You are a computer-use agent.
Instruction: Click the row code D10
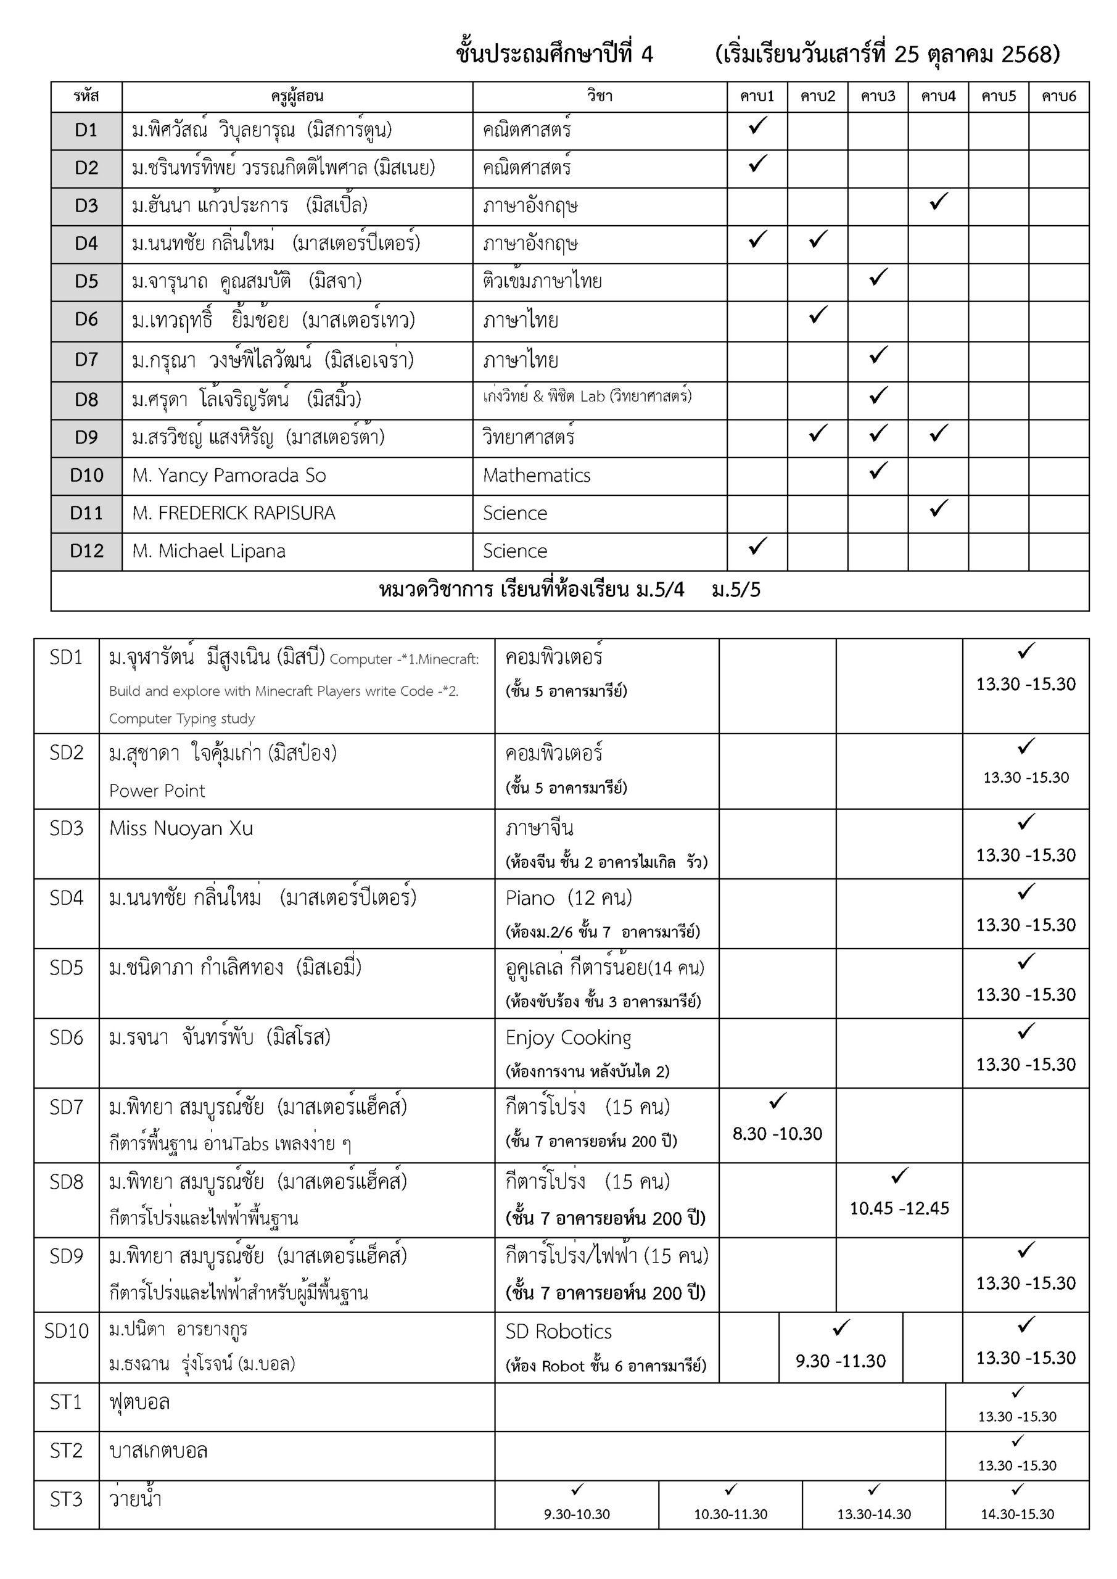pyautogui.click(x=87, y=475)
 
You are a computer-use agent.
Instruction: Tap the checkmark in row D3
pyautogui.click(x=938, y=202)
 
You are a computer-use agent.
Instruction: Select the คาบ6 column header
pyautogui.click(x=1058, y=96)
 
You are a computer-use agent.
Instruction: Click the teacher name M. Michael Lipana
pyautogui.click(x=208, y=551)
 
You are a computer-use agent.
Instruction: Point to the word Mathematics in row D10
pyautogui.click(x=537, y=475)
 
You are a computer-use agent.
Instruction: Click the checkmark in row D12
pyautogui.click(x=757, y=546)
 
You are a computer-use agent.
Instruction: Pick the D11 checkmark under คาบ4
pyautogui.click(x=938, y=508)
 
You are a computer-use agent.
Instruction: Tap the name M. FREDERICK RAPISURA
pyautogui.click(x=233, y=513)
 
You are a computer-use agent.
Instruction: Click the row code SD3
pyautogui.click(x=66, y=828)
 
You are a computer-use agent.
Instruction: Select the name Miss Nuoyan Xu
pyautogui.click(x=181, y=828)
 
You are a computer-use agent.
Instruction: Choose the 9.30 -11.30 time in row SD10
pyautogui.click(x=841, y=1361)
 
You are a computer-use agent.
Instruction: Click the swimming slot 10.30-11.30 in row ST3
pyautogui.click(x=730, y=1514)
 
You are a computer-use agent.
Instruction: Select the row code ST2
pyautogui.click(x=66, y=1450)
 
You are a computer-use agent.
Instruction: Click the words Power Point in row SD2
pyautogui.click(x=157, y=791)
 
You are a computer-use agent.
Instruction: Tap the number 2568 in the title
pyautogui.click(x=1026, y=54)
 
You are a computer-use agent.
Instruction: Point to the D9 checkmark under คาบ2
pyautogui.click(x=817, y=433)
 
